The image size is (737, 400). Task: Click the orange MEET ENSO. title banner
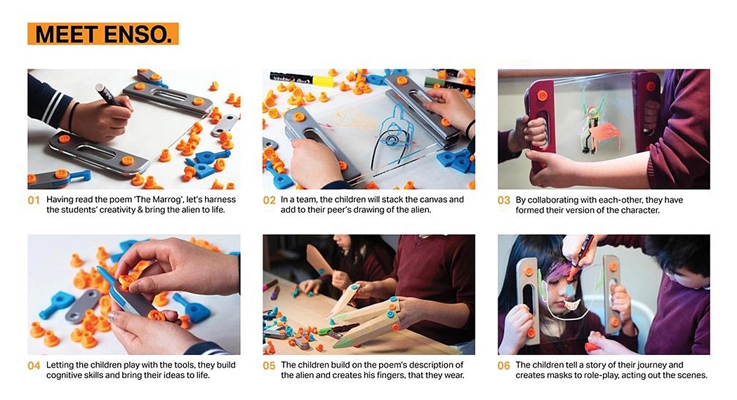[103, 34]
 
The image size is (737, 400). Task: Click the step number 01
[34, 200]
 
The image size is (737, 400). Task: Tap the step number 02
[269, 200]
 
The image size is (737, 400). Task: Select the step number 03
[504, 200]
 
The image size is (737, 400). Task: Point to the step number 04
[34, 366]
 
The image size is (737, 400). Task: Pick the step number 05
[269, 366]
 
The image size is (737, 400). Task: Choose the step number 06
[504, 366]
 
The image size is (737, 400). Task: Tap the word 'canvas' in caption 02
[425, 199]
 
